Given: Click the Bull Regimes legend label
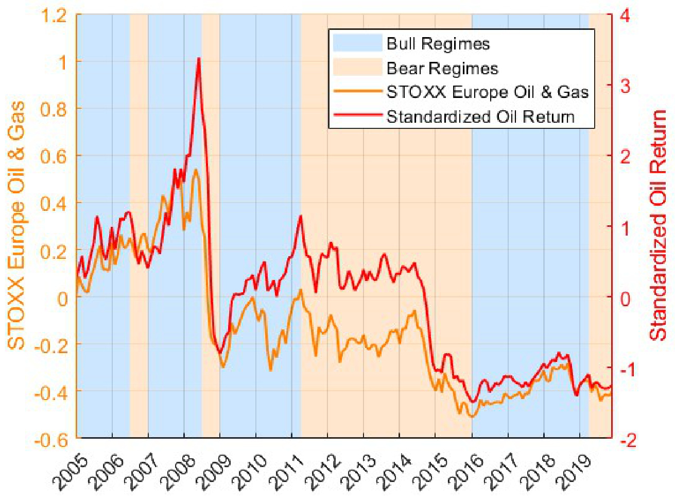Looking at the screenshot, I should [x=438, y=44].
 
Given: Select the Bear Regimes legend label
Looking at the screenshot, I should [x=442, y=69].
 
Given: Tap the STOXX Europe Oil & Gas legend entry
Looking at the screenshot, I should [x=487, y=92].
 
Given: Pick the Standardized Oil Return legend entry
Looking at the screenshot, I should [x=480, y=117].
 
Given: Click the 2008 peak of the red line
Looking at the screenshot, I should [x=199, y=59].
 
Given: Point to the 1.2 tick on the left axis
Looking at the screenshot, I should [x=55, y=15].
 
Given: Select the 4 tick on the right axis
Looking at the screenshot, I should [x=625, y=15].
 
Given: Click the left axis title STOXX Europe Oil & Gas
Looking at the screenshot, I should [x=16, y=225].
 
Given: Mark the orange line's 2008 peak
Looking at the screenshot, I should [x=196, y=170].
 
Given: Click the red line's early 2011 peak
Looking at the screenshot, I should [x=301, y=217].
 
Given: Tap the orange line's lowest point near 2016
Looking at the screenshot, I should [x=470, y=416].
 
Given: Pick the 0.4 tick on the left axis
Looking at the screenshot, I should [x=55, y=204].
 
